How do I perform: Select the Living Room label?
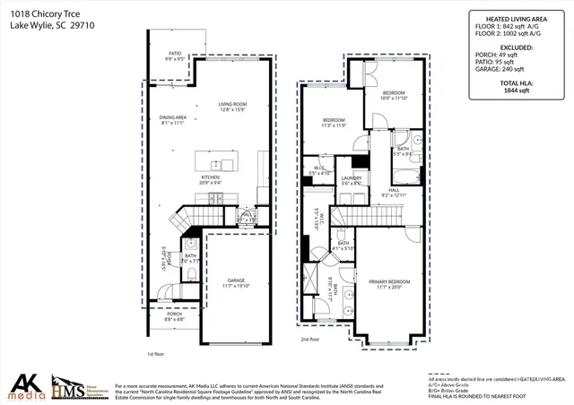[231, 107]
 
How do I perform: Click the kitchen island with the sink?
[216, 165]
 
